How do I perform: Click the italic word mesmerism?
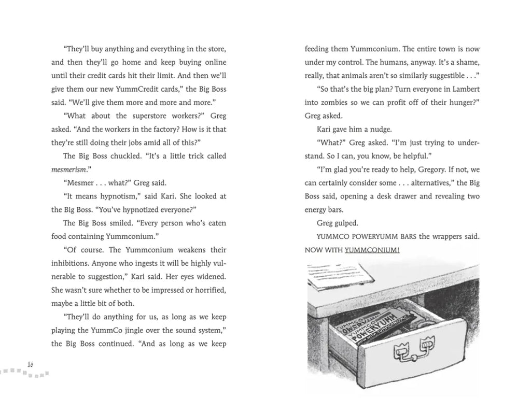[70, 169]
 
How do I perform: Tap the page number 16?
[30, 364]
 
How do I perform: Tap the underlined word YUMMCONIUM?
[373, 250]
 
